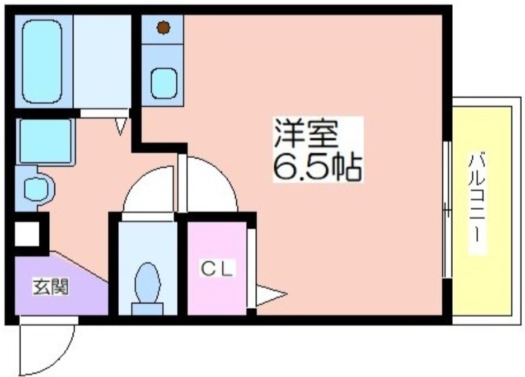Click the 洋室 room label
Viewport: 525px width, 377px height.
(x=306, y=135)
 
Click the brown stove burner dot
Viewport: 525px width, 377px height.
(x=163, y=28)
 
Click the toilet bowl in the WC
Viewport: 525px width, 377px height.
(x=147, y=282)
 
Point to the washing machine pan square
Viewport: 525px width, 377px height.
(x=45, y=140)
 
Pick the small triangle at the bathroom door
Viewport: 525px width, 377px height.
(x=121, y=125)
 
